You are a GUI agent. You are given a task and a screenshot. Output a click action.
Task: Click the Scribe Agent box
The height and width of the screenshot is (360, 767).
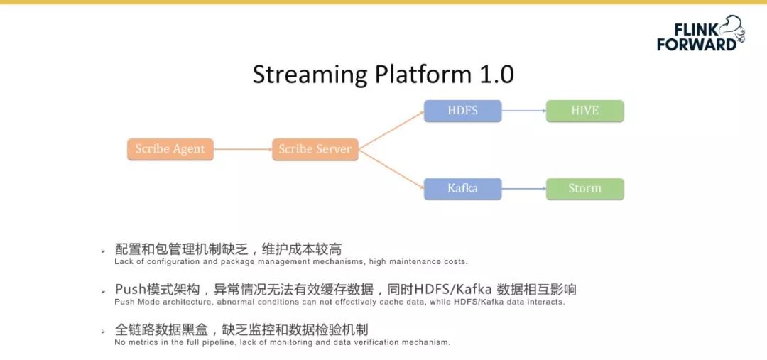tap(170, 149)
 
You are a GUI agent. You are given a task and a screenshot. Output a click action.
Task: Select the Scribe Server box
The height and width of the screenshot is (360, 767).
tap(315, 149)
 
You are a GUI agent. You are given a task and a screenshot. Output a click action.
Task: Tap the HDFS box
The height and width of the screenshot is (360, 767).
tap(462, 111)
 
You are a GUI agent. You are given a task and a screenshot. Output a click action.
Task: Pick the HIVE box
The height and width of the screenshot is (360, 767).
tap(584, 111)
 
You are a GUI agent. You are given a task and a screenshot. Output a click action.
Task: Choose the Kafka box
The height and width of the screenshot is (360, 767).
tap(462, 189)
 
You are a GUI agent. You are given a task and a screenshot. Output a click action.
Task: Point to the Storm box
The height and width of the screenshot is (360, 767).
tap(584, 189)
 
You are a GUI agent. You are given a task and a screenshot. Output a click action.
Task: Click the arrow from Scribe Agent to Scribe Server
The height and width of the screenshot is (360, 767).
tap(242, 149)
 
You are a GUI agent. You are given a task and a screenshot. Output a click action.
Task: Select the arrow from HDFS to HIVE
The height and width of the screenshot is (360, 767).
tap(523, 111)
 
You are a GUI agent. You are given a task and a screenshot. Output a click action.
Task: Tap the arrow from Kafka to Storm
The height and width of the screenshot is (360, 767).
tap(523, 189)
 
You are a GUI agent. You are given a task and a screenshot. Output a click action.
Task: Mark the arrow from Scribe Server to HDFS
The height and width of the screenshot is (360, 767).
tap(391, 130)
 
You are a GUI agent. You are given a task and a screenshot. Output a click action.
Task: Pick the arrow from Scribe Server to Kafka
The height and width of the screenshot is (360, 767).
tap(391, 169)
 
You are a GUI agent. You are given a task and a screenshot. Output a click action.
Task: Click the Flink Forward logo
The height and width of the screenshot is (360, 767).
tap(700, 34)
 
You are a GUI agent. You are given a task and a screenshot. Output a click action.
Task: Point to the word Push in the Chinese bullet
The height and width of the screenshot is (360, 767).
tap(130, 290)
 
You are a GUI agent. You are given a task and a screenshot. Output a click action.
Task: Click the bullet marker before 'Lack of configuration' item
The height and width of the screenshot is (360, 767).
tap(103, 251)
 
